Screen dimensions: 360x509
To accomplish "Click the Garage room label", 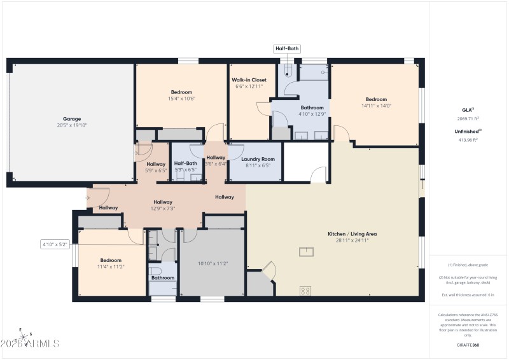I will pyautogui.click(x=71, y=119).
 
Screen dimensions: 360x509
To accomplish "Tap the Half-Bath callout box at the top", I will pyautogui.click(x=286, y=48).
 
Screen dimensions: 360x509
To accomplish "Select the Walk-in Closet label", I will pyautogui.click(x=249, y=80).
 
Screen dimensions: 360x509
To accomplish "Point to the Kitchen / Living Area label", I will pyautogui.click(x=348, y=234).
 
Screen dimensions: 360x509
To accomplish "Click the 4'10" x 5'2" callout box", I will pyautogui.click(x=54, y=244).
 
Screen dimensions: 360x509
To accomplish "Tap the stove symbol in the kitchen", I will pyautogui.click(x=305, y=291).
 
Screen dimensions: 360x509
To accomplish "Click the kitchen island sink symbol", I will pyautogui.click(x=306, y=252).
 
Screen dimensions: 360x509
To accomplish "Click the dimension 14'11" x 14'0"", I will pyautogui.click(x=376, y=106).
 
